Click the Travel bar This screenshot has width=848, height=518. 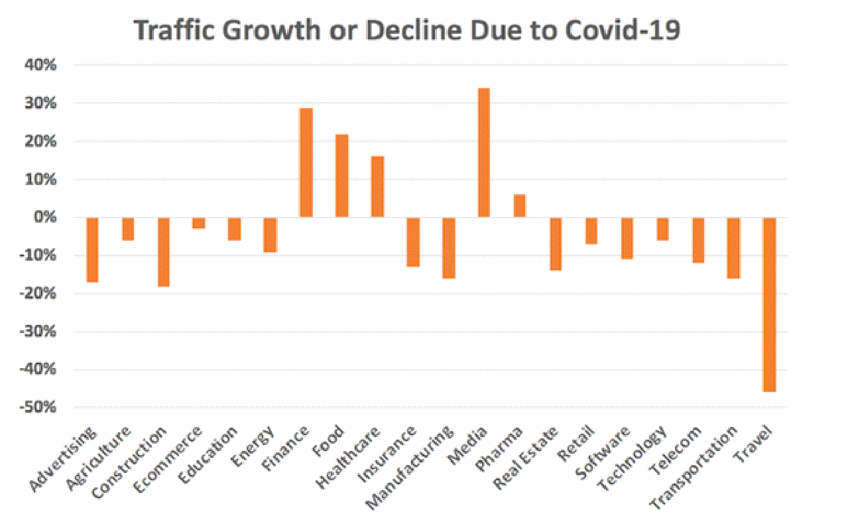click(769, 304)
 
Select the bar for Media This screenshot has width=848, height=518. click(484, 153)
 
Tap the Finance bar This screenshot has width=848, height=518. click(306, 162)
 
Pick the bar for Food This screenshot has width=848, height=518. click(341, 176)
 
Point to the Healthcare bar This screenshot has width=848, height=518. click(377, 186)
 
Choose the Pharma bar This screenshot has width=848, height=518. click(519, 206)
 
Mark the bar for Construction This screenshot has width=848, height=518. click(164, 252)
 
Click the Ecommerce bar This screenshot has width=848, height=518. click(199, 223)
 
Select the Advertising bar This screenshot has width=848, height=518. click(92, 250)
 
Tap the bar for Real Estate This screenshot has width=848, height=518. click(555, 244)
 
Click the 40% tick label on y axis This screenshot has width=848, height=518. click(43, 65)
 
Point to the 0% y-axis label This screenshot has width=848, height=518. click(47, 218)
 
